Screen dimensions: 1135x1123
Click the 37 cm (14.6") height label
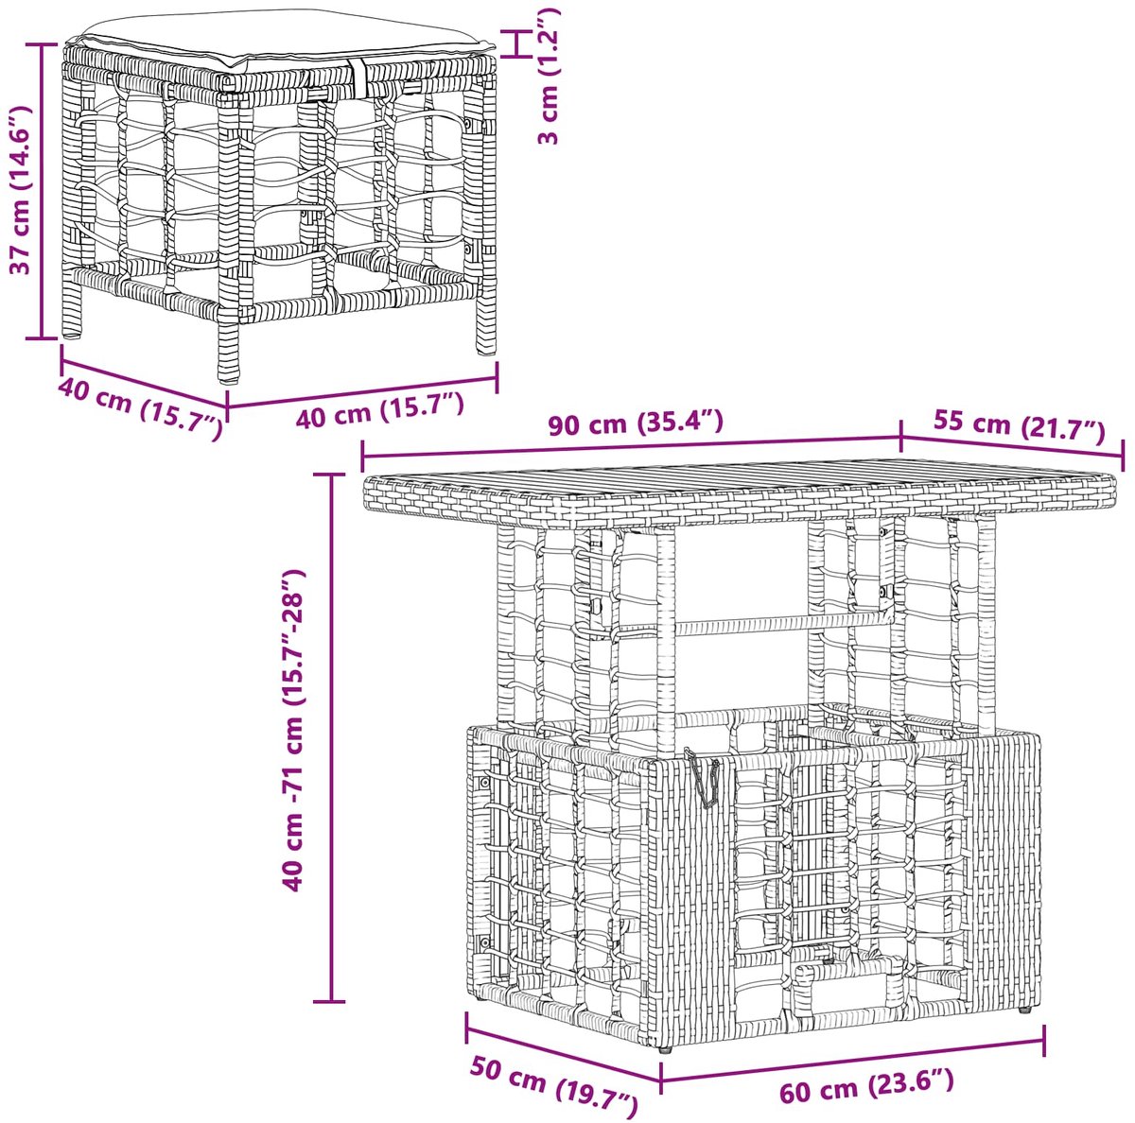(21, 190)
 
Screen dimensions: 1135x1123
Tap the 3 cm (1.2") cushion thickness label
(548, 76)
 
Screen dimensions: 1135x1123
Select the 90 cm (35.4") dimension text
(635, 424)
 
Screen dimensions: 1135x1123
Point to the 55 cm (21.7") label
(1019, 425)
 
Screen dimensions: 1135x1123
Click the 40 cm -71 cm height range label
(294, 730)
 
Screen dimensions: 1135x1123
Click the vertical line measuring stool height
(43, 191)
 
